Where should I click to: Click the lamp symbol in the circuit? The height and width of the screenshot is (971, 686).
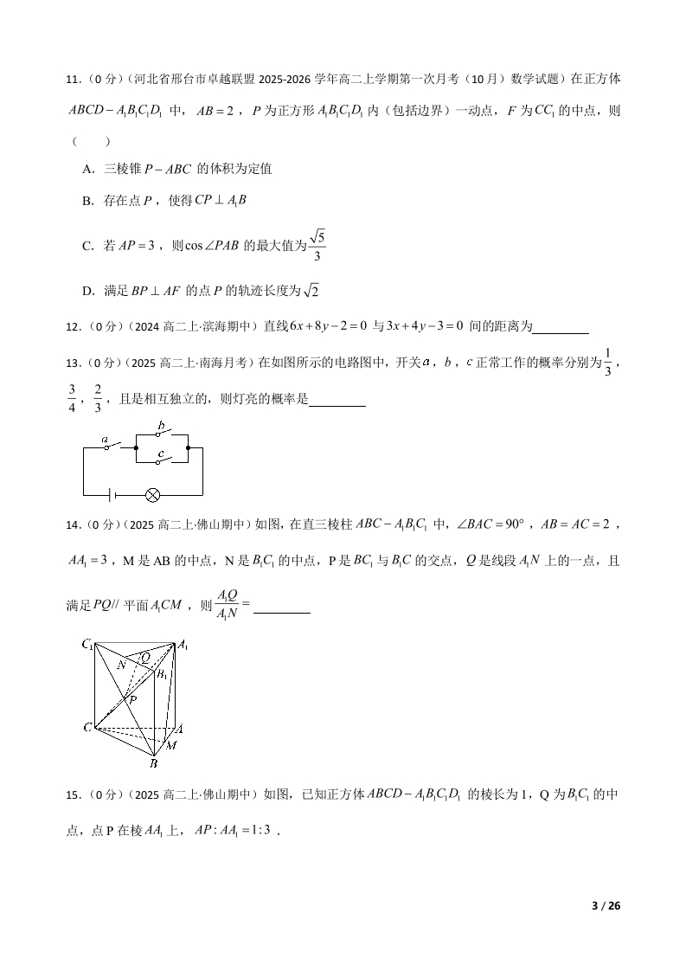click(153, 495)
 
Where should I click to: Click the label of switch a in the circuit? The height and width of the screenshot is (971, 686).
click(106, 440)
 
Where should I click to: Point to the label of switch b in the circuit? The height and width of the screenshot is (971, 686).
click(161, 424)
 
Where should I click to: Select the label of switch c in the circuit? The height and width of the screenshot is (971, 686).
click(161, 453)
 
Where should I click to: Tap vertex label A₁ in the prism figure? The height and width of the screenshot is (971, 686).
click(183, 646)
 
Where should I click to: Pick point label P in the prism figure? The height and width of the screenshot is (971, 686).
click(132, 698)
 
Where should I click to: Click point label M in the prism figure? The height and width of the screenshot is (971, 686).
click(171, 745)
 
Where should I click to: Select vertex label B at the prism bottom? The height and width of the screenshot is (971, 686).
click(153, 763)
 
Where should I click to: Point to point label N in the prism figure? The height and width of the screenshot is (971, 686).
click(122, 665)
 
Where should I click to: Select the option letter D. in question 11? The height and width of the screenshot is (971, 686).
click(88, 292)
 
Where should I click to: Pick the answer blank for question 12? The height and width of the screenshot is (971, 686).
click(561, 327)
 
